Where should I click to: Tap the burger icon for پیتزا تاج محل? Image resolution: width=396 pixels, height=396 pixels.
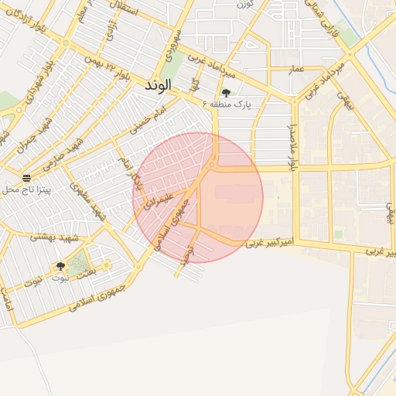(x=26, y=178)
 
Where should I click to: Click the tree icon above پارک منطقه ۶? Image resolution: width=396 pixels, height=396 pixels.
(x=226, y=92)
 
